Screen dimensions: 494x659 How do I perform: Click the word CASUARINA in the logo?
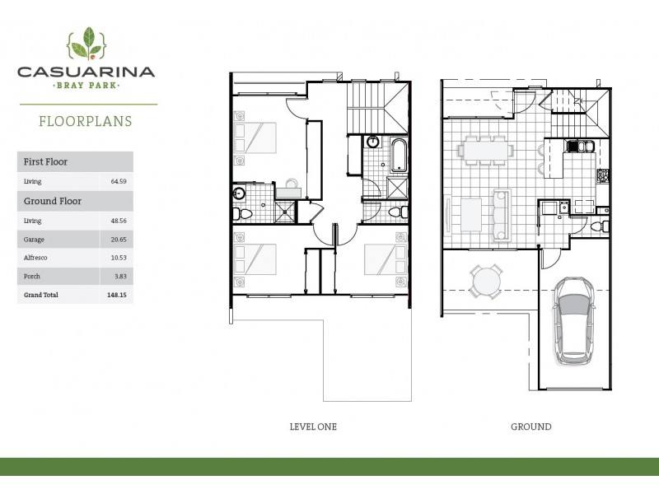point(86,72)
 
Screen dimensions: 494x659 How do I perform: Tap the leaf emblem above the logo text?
point(86,43)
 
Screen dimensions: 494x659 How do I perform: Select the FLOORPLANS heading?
point(86,121)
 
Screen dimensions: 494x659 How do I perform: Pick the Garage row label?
point(33,239)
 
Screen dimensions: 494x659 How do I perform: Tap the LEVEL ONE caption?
point(313,426)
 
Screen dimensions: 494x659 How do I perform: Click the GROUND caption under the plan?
point(530,426)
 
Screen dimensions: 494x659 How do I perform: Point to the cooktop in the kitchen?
point(603,175)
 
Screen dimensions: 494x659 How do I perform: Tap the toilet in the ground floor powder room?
point(605,226)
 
